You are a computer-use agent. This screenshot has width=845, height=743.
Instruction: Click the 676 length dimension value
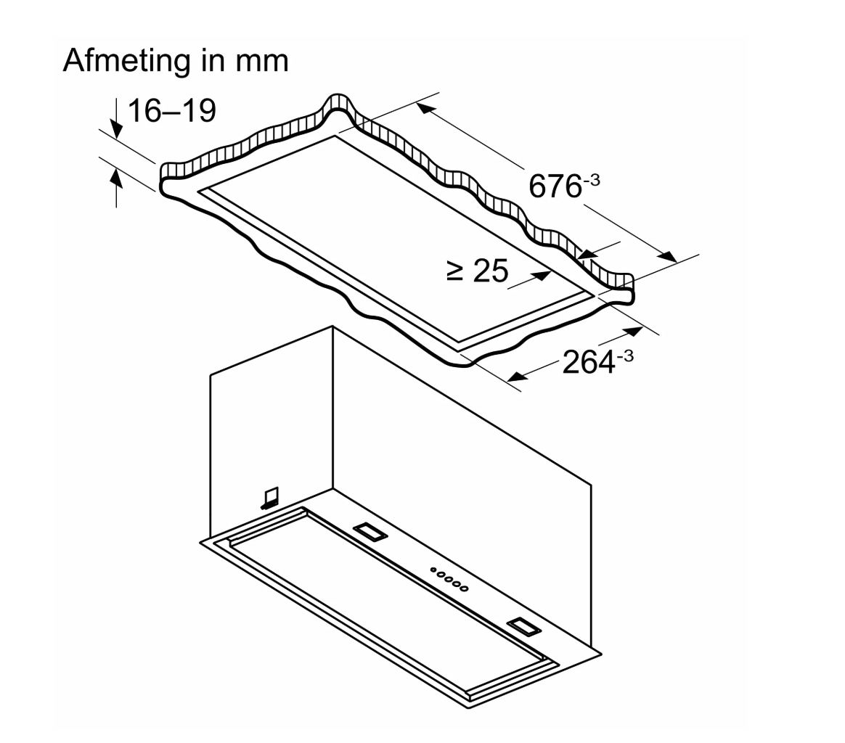[554, 187]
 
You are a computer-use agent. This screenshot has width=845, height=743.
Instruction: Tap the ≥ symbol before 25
[455, 272]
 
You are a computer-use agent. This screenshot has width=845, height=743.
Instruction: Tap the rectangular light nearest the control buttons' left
[370, 532]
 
